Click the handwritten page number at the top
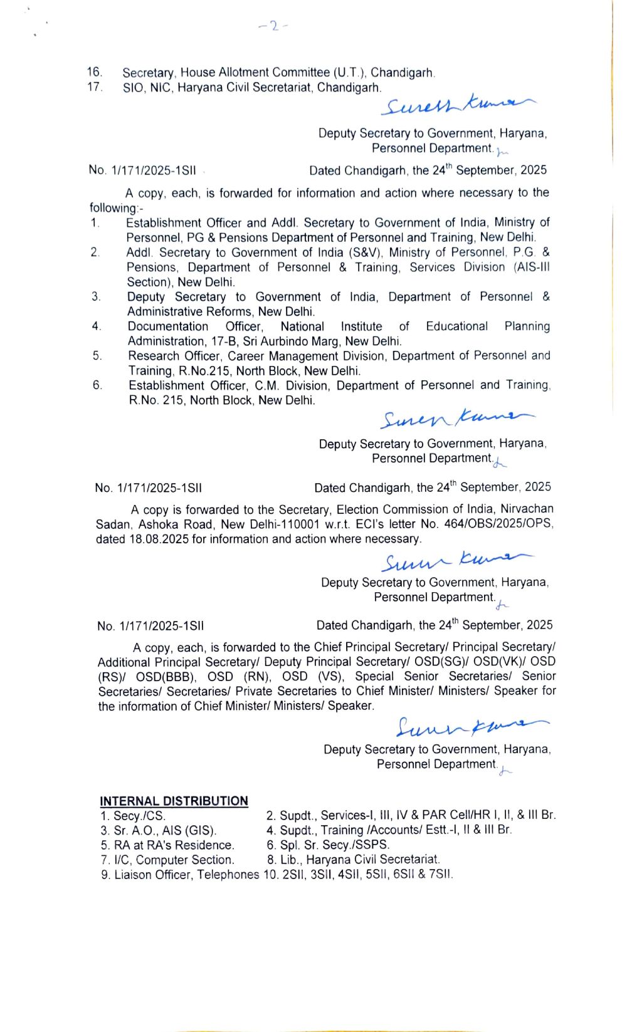[273, 26]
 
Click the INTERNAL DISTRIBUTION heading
[174, 801]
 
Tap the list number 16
[95, 72]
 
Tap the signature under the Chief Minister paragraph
[470, 726]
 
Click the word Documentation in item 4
[168, 326]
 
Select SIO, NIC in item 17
[147, 88]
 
